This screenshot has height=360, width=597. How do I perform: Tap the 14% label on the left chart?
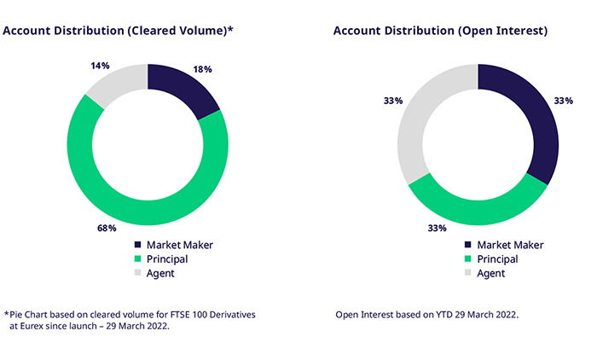(101, 65)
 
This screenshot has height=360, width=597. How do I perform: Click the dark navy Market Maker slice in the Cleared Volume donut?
(183, 90)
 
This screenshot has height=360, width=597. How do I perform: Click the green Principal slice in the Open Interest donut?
(478, 205)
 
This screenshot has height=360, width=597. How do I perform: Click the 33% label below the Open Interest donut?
(437, 229)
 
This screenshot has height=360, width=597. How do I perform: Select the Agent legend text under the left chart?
(162, 274)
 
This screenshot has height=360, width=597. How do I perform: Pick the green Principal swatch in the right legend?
(468, 259)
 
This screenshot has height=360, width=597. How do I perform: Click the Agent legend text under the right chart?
(490, 274)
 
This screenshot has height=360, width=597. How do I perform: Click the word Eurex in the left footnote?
(35, 325)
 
